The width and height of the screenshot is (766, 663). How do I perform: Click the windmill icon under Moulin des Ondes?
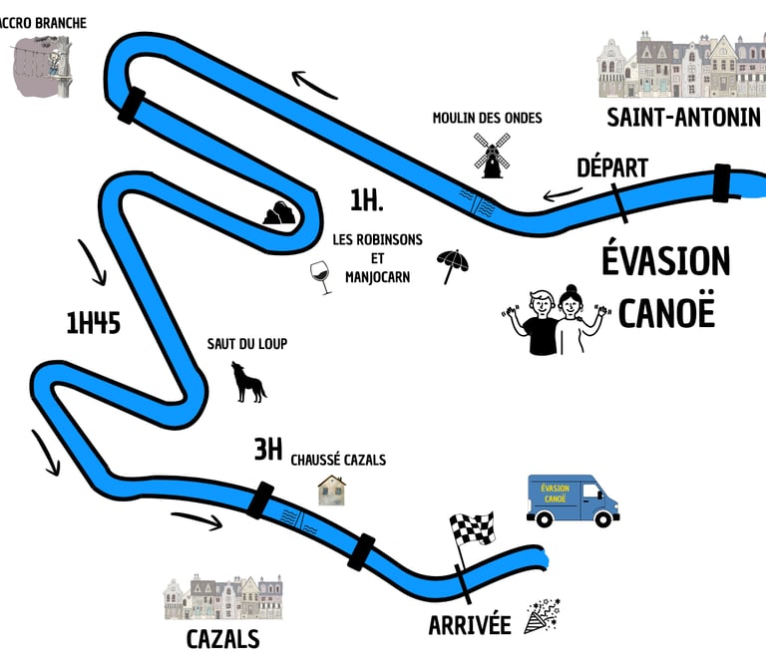pyautogui.click(x=490, y=157)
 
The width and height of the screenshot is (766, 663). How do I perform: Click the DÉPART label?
pyautogui.click(x=612, y=167)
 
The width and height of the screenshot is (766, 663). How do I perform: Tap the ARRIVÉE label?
pyautogui.click(x=469, y=625)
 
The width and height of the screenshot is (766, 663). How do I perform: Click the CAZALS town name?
pyautogui.click(x=222, y=638)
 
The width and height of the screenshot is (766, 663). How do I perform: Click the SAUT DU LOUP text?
pyautogui.click(x=247, y=344)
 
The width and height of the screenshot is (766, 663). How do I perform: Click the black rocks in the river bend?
pyautogui.click(x=278, y=212)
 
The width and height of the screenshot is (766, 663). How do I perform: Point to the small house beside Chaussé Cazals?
pyautogui.click(x=332, y=490)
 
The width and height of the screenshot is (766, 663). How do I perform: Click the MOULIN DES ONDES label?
pyautogui.click(x=487, y=118)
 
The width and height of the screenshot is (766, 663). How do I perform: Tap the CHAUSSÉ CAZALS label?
pyautogui.click(x=338, y=460)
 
